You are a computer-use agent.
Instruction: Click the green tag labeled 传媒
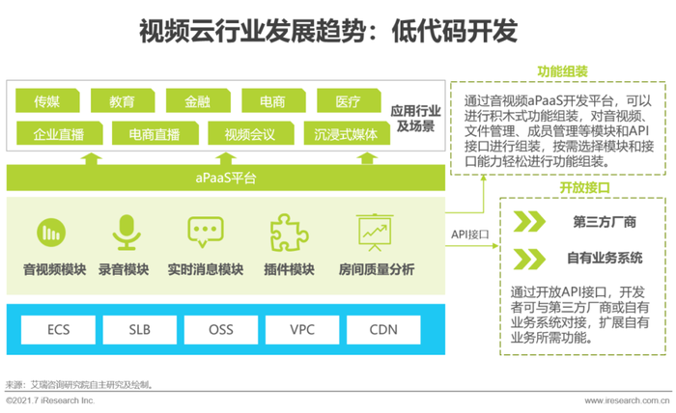click(47, 100)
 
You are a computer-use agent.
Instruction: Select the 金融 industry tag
click(198, 100)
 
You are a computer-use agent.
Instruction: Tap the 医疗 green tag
click(349, 100)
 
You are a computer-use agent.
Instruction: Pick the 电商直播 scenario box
click(155, 133)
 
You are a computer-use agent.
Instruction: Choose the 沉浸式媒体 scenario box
click(347, 133)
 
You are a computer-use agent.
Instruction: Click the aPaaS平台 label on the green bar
click(226, 178)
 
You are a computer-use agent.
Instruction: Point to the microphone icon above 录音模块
click(127, 233)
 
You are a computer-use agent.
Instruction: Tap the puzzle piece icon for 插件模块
click(289, 233)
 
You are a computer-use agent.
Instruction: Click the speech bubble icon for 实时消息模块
click(205, 232)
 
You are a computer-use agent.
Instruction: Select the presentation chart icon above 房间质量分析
click(375, 233)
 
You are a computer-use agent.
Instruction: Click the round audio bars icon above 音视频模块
click(51, 233)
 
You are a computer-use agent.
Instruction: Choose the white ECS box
click(58, 329)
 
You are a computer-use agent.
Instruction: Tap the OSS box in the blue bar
click(221, 329)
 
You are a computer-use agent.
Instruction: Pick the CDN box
click(383, 329)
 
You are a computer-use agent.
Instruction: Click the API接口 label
click(470, 234)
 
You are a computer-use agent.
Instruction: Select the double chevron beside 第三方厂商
click(529, 222)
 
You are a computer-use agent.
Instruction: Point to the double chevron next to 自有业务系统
click(529, 259)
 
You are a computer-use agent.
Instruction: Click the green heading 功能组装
click(563, 71)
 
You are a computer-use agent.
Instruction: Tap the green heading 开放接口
click(584, 188)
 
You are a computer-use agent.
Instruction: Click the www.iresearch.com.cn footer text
click(628, 401)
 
